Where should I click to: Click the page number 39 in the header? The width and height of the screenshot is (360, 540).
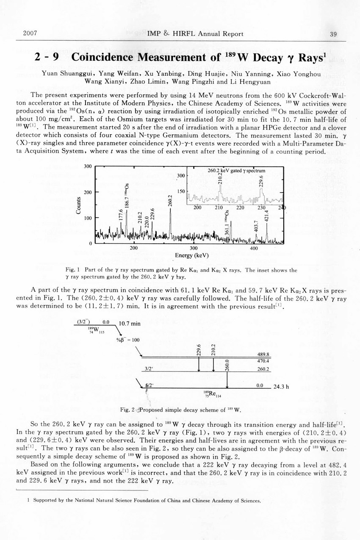coord(333,34)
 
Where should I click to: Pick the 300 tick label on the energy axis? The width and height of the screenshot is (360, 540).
coord(194,248)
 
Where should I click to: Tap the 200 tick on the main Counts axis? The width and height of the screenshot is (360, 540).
coord(88,192)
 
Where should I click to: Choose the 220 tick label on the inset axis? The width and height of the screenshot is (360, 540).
coord(240,208)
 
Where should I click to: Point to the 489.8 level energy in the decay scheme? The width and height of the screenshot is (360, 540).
coord(263,354)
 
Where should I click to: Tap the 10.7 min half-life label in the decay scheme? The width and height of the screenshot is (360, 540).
coord(130,324)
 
